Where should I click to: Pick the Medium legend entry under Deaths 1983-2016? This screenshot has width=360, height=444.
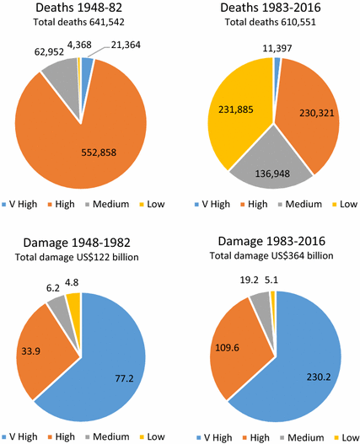[x=302, y=203]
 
